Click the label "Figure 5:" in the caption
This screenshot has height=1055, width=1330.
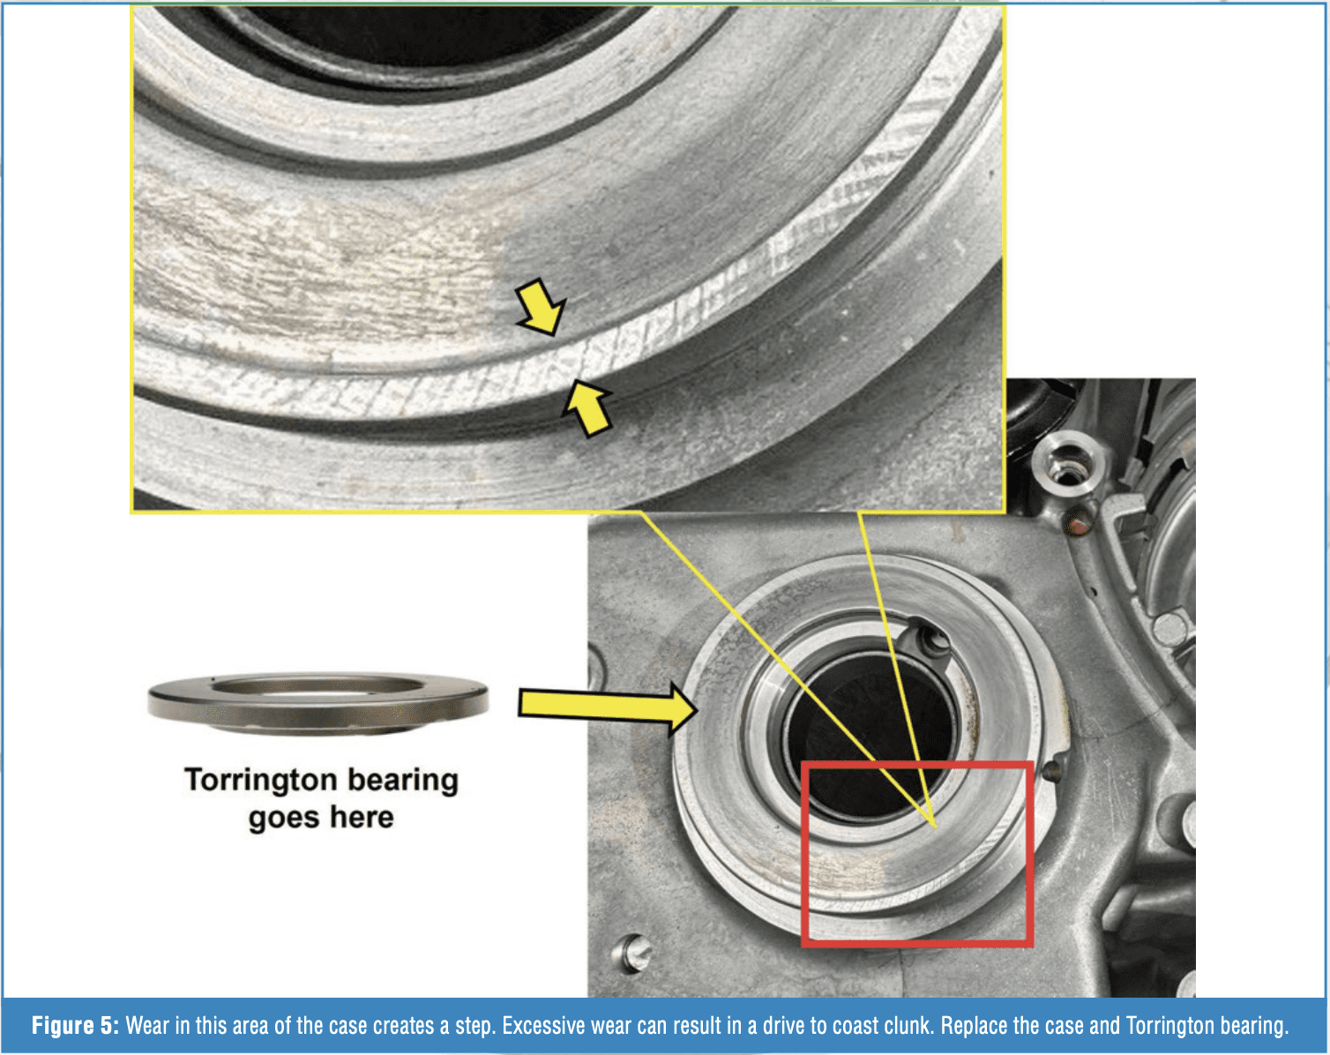[x=75, y=1026]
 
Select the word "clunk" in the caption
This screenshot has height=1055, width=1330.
[x=904, y=1026]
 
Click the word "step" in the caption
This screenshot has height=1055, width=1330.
[x=474, y=1027]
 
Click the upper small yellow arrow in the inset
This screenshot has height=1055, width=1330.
[x=541, y=307]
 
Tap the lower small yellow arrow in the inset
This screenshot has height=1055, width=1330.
[x=587, y=408]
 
